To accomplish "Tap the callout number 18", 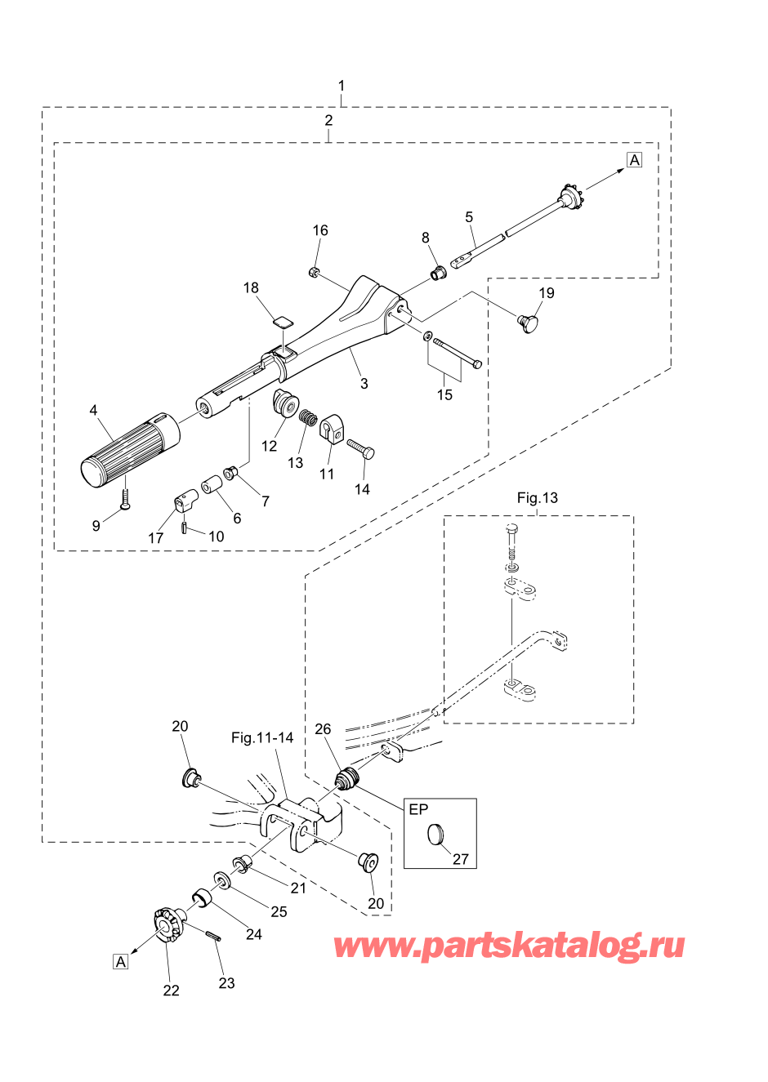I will click(251, 288).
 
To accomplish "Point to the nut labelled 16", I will click(314, 271).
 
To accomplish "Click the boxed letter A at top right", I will click(635, 160).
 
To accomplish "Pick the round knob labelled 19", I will click(529, 323).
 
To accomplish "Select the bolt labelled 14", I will click(360, 449).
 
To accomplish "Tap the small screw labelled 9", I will click(125, 500).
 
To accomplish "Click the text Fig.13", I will click(538, 498).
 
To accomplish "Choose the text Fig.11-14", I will click(262, 738).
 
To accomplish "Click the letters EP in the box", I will click(418, 810).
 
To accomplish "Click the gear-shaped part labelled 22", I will click(167, 924).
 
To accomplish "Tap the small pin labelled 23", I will click(215, 937).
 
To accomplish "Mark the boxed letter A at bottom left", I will click(121, 962).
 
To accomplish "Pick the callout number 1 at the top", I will click(342, 86).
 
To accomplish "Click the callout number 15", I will click(444, 395).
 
